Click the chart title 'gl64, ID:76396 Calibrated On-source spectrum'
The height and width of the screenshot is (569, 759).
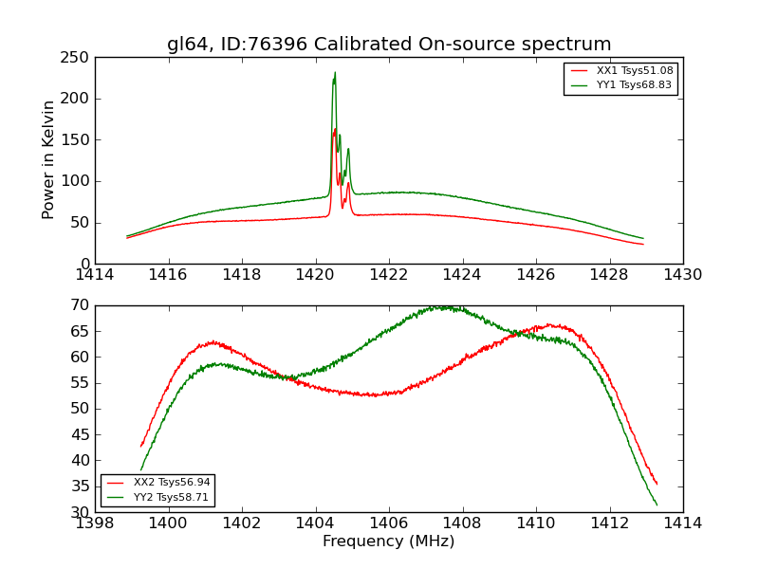click(389, 45)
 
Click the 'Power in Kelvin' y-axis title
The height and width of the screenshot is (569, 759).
click(48, 159)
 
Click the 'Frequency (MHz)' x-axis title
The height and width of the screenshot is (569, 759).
click(388, 541)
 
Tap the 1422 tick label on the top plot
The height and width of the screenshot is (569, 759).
click(389, 274)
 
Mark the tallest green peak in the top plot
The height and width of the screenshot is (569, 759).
click(335, 73)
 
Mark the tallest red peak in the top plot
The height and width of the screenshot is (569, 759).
click(335, 129)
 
